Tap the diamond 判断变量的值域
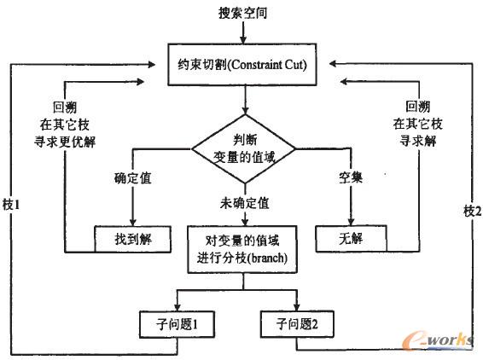(x=245, y=145)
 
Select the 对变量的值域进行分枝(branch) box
(x=245, y=249)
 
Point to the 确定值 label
(x=133, y=180)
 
